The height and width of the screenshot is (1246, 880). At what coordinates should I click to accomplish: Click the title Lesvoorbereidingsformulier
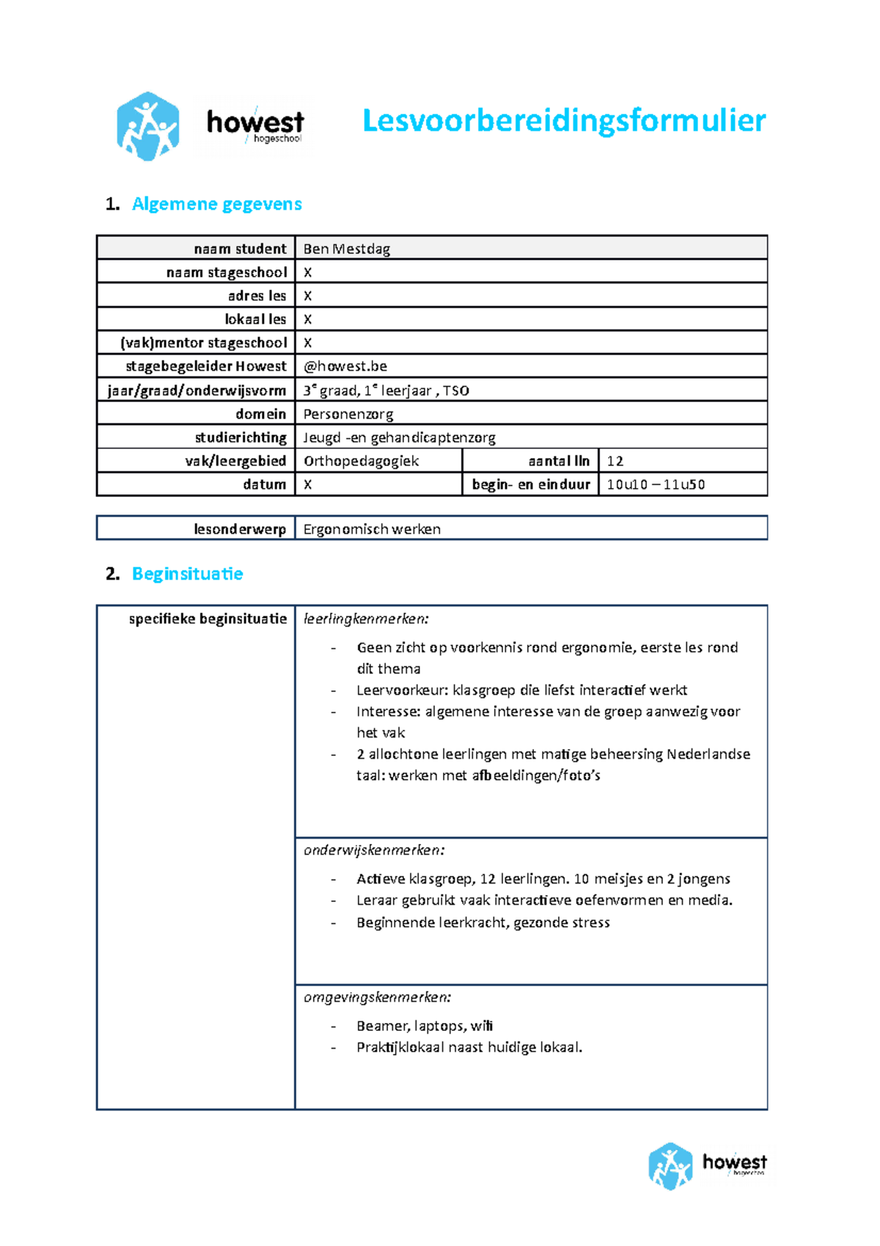point(564,121)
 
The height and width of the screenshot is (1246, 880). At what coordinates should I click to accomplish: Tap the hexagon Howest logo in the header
point(147,126)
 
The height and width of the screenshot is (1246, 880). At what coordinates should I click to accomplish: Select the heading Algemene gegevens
point(216,204)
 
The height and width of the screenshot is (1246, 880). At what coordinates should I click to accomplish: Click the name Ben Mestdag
point(346,249)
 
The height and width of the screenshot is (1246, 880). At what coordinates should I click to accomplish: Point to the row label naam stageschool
point(227,272)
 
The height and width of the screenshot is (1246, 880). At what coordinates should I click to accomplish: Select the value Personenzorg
point(348,414)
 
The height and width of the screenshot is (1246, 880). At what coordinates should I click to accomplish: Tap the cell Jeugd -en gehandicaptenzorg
point(399,437)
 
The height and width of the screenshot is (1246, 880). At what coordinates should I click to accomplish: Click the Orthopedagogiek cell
point(361,461)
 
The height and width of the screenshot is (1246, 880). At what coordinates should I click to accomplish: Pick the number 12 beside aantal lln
point(615,461)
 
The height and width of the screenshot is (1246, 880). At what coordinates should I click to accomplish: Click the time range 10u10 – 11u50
point(656,484)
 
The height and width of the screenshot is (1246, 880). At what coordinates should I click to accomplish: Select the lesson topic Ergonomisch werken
point(372,529)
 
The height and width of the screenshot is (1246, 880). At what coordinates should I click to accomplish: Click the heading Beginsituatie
point(187,574)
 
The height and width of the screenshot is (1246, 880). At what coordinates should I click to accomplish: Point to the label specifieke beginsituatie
point(208,619)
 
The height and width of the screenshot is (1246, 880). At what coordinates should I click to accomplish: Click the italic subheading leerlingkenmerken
point(366,619)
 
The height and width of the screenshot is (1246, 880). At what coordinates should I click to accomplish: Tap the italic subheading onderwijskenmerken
point(374,850)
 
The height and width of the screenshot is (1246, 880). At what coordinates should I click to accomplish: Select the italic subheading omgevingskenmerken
point(378,997)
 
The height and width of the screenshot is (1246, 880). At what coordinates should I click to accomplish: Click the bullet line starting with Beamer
point(425,1026)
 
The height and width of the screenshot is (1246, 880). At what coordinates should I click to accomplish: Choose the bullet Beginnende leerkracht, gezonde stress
point(483,922)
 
